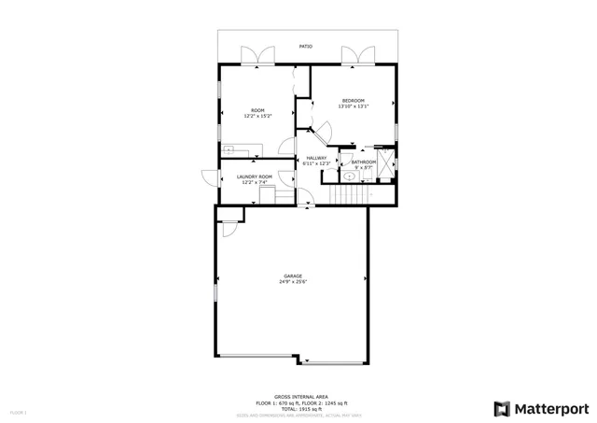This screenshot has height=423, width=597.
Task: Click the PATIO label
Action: click(x=306, y=46)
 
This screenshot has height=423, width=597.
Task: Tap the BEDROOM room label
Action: click(x=353, y=101)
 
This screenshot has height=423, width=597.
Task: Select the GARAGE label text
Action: click(x=293, y=275)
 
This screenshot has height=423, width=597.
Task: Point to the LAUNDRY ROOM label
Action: click(x=254, y=176)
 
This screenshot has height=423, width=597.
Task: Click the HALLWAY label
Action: click(x=317, y=158)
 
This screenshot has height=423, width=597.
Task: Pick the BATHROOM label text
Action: click(x=364, y=162)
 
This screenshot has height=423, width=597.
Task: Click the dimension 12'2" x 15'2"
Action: click(x=257, y=117)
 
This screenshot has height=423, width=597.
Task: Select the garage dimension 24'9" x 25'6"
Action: click(x=293, y=282)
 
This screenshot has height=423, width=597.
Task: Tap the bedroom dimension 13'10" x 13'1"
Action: click(x=353, y=106)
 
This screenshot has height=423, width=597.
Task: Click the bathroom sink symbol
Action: click(x=349, y=175)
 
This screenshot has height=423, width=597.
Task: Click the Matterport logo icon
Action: click(x=502, y=408)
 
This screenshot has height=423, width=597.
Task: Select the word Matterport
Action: click(x=551, y=408)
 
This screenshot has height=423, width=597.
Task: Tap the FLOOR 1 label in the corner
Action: click(x=19, y=412)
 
